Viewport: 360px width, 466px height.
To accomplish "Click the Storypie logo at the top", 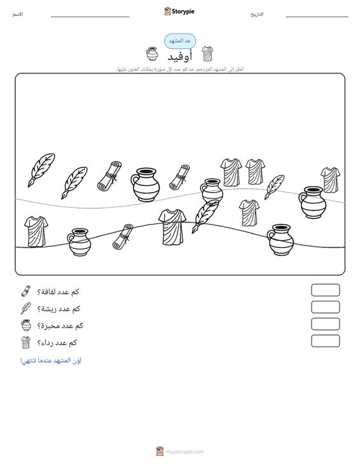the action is (x=179, y=11).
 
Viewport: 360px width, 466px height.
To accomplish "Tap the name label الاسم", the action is (x=17, y=14).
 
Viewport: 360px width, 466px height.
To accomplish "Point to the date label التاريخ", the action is (x=256, y=14).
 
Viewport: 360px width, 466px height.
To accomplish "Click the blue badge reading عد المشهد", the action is (x=180, y=41).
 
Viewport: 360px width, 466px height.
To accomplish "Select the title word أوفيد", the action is (x=180, y=56).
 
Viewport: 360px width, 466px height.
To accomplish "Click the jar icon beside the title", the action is (x=152, y=54).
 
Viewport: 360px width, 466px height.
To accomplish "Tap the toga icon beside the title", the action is (x=207, y=54).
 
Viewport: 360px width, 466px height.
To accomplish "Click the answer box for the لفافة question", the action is (x=325, y=290).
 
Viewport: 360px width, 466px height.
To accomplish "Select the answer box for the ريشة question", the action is (x=325, y=307).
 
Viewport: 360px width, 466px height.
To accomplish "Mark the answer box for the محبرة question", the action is (x=325, y=324).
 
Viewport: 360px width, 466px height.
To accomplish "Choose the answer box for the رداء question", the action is (x=325, y=341).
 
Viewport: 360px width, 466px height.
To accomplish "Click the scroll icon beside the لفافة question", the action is (x=25, y=291).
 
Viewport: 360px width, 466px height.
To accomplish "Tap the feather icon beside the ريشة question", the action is (x=26, y=308).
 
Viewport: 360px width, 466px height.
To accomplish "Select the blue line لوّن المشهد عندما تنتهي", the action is (x=50, y=360).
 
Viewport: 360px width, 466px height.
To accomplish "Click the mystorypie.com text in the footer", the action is (x=185, y=452).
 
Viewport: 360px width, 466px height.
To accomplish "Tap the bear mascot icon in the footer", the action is (x=160, y=451).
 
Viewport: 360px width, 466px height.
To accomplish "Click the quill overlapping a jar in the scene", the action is (x=205, y=216).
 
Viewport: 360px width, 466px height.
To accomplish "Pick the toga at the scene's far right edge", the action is (x=331, y=180).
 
